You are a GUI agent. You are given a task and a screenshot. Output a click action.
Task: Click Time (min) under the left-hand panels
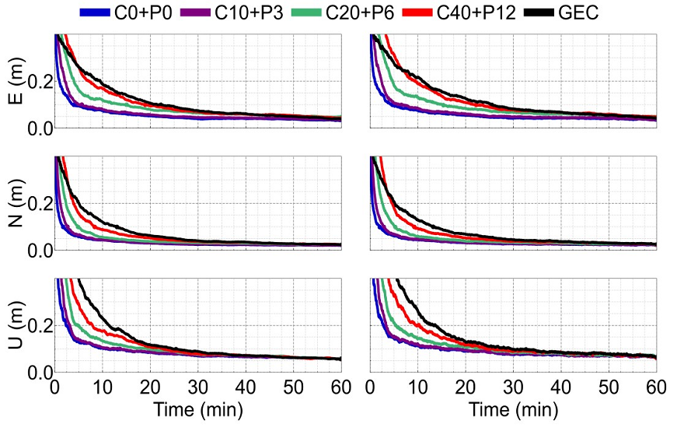pyautogui.click(x=197, y=409)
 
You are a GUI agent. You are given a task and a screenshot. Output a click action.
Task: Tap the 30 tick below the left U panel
pyautogui.click(x=197, y=387)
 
